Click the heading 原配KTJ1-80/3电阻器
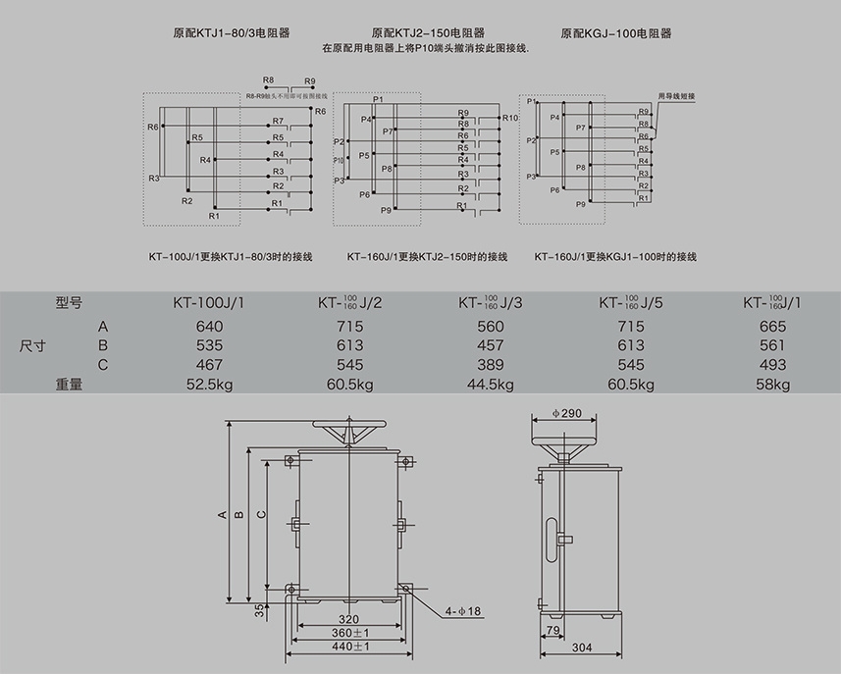225,32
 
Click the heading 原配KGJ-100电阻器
616,32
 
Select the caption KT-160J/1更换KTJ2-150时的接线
427,257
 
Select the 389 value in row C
490,365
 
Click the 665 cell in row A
774,326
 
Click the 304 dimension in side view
581,648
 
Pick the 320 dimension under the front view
348,620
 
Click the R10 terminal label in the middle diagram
509,118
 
